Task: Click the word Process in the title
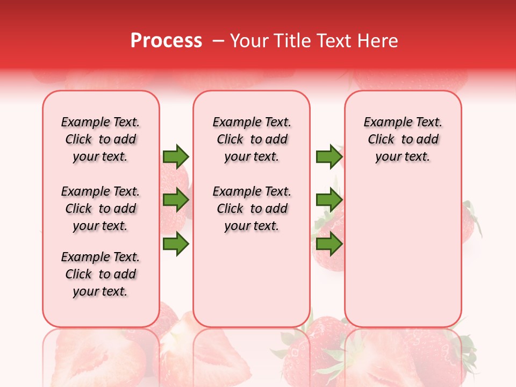coord(166,41)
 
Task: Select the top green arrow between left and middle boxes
coord(176,156)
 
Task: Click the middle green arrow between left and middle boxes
coord(176,200)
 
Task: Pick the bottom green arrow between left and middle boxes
coord(176,244)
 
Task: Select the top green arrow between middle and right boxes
coord(329,156)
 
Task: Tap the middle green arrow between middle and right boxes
coord(329,200)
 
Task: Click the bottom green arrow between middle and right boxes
coord(329,244)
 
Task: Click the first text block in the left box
coord(101,139)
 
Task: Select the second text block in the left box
coord(101,209)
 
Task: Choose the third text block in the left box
coord(101,274)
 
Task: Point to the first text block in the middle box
coord(252,139)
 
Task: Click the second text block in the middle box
coord(252,209)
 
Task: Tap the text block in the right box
coord(403,139)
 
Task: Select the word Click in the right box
coord(381,140)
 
